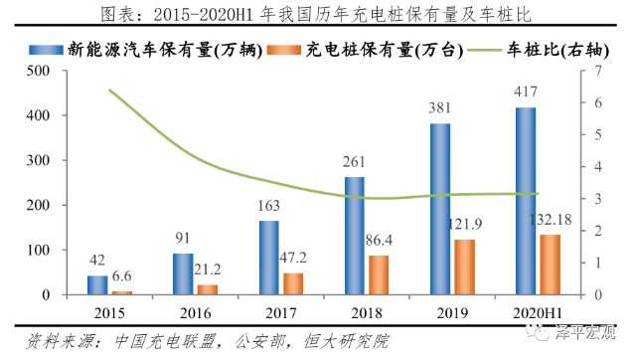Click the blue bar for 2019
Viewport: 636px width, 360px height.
[x=439, y=210]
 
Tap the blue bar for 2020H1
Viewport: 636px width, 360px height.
[x=526, y=202]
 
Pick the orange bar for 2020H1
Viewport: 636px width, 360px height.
[x=551, y=266]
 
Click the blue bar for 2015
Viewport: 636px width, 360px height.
[x=96, y=285]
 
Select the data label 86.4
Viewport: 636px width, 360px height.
[x=380, y=242]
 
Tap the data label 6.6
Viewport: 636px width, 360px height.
[x=121, y=276]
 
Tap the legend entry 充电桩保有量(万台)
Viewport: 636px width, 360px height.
[x=377, y=47]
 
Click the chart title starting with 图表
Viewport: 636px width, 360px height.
[x=318, y=14]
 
